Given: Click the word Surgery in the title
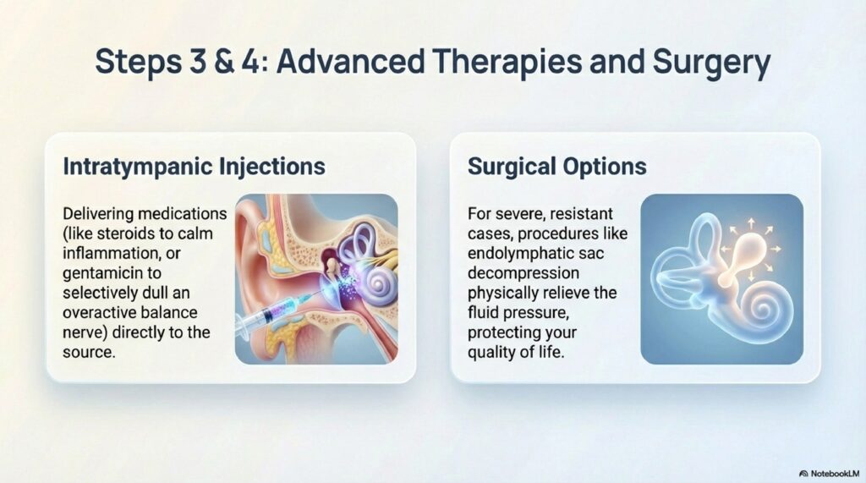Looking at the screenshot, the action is pos(710,63).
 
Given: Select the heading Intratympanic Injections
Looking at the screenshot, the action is pos(195,167).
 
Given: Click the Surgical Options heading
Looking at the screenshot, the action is pos(556,167).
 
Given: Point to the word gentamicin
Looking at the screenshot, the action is pos(112,273).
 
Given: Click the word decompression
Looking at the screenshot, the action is pos(523,273).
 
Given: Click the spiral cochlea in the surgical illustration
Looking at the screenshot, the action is pos(768,310).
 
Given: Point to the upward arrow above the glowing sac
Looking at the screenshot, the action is pos(751,224).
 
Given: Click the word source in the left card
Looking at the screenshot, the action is pos(88,353).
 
